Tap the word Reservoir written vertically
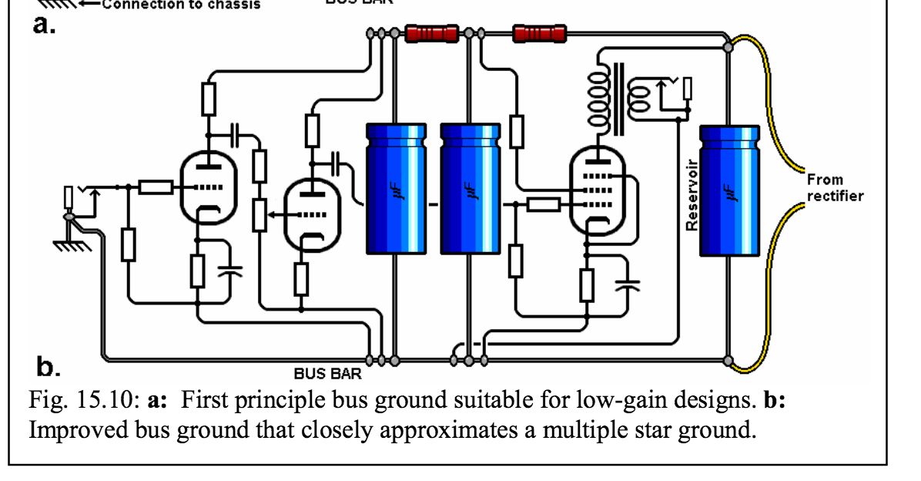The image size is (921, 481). [x=692, y=195]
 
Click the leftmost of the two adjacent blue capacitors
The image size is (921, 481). [x=396, y=188]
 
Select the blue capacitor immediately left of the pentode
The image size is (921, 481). [x=470, y=188]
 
